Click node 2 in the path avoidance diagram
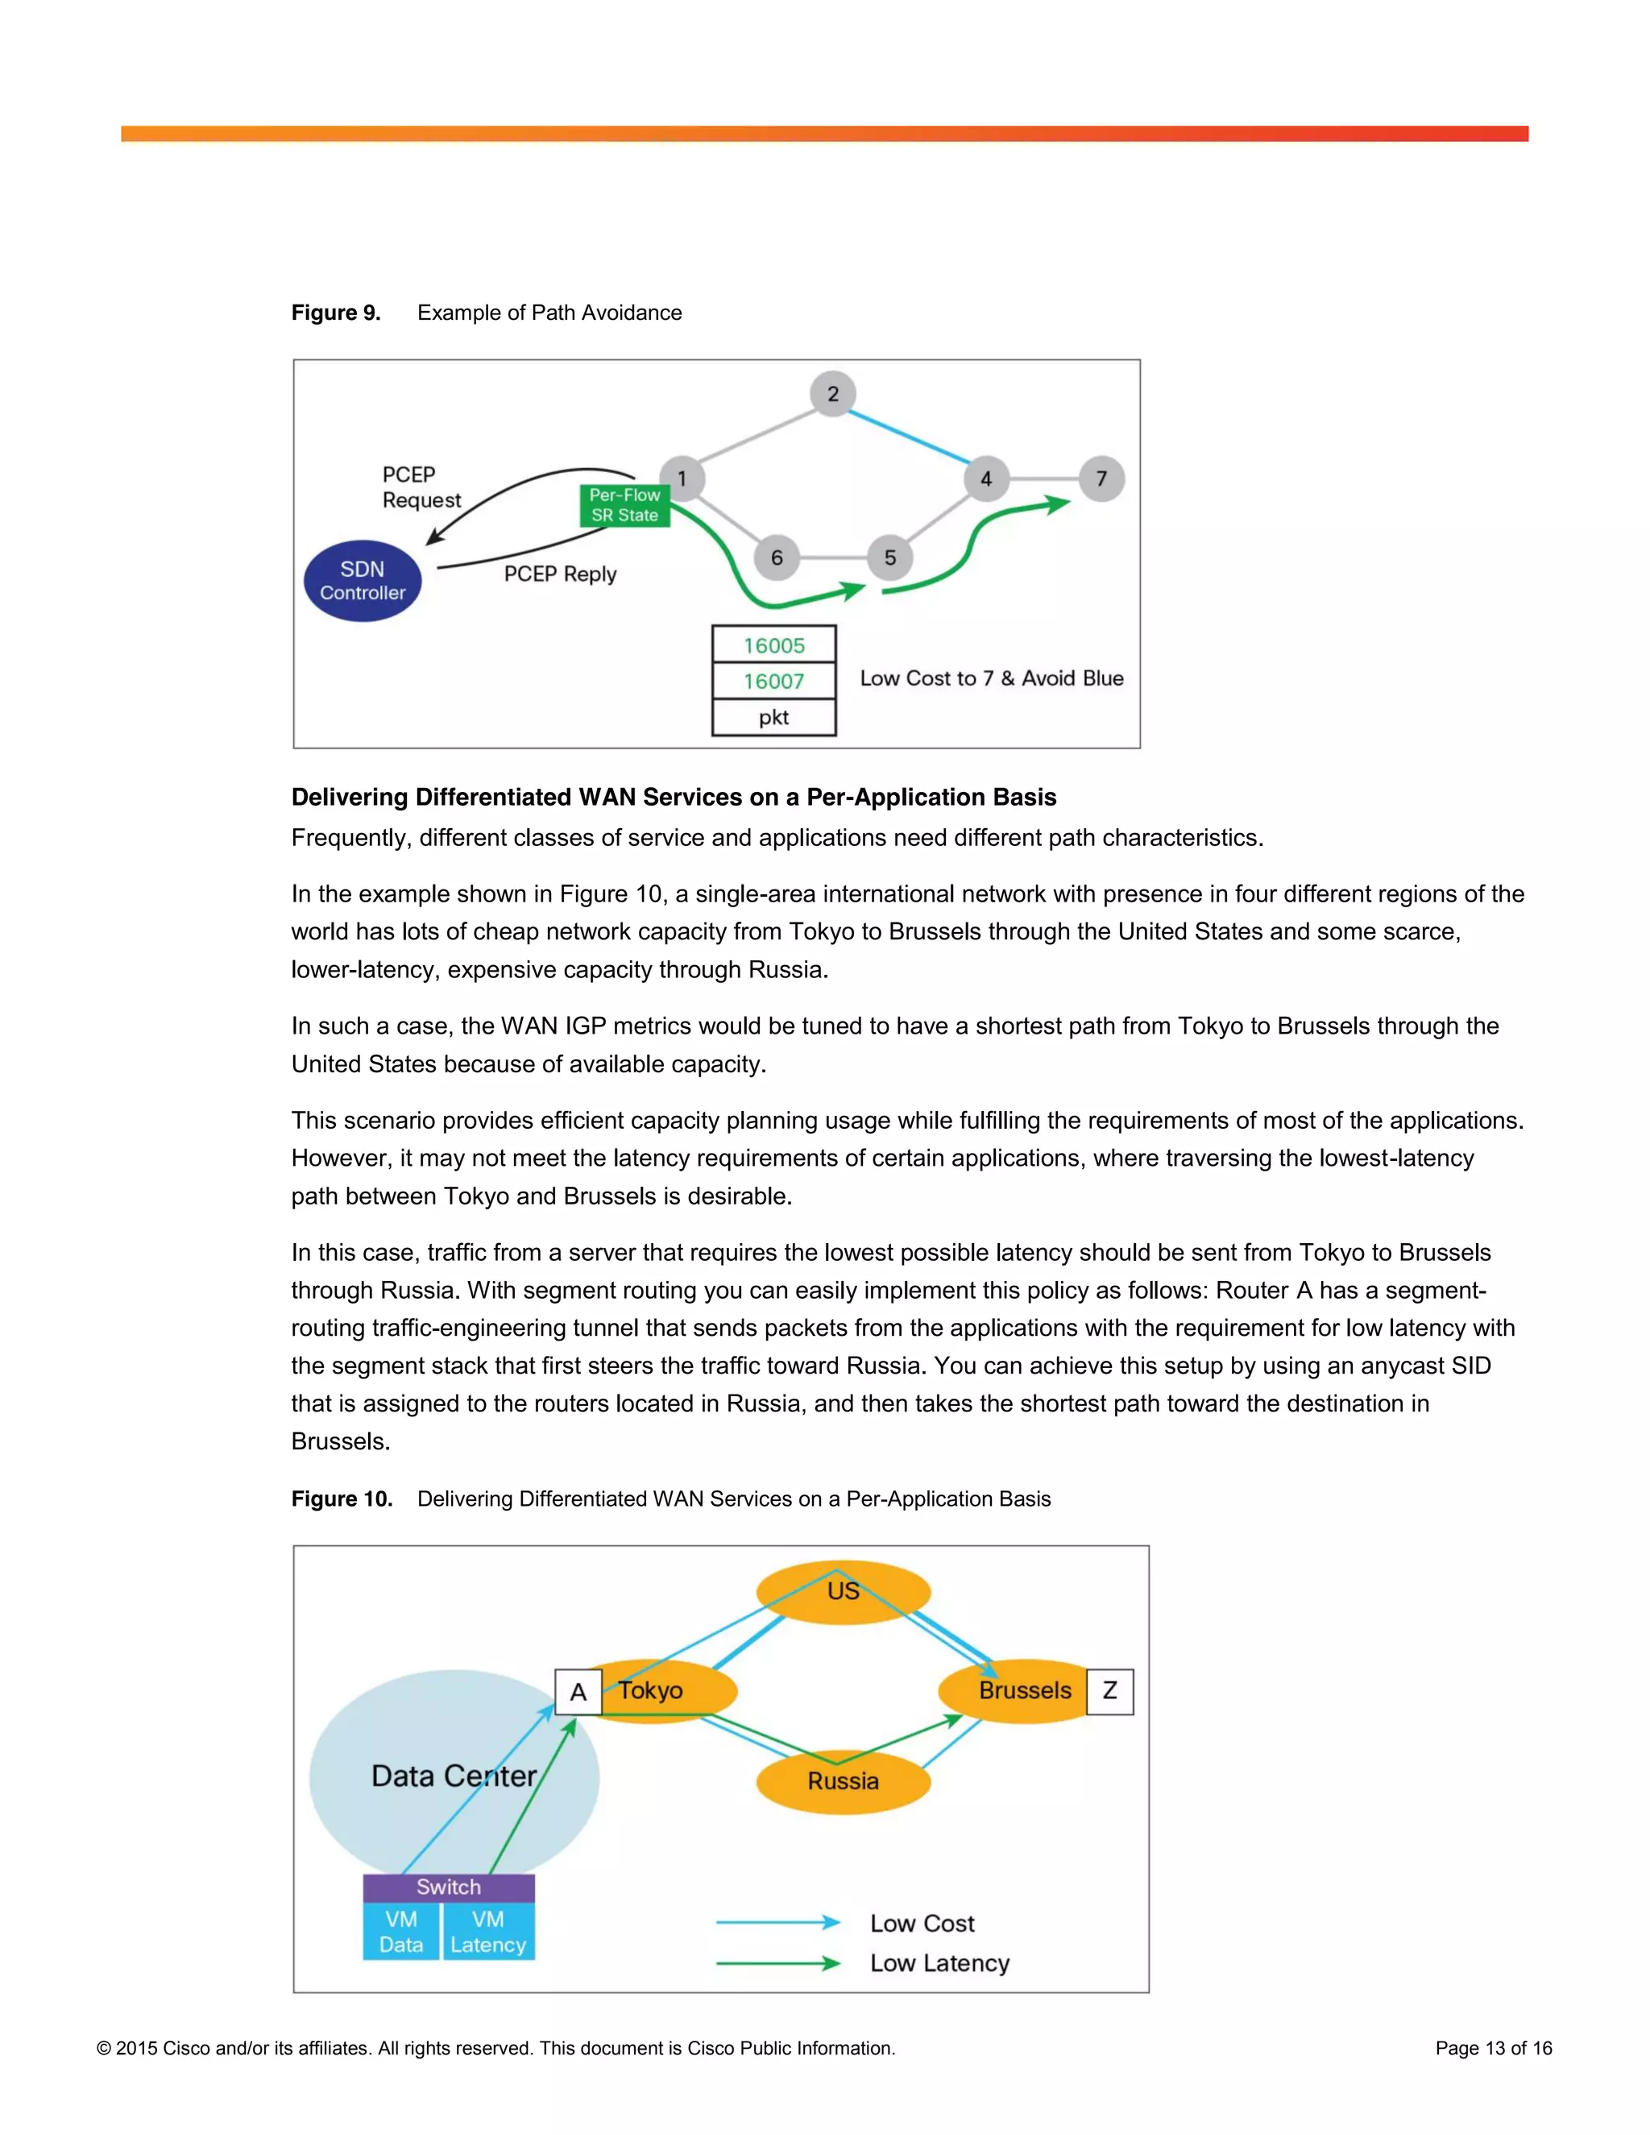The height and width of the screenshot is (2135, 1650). pyautogui.click(x=833, y=394)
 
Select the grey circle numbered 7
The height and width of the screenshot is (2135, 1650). pyautogui.click(x=1101, y=479)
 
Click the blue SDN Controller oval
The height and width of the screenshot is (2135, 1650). pyautogui.click(x=363, y=581)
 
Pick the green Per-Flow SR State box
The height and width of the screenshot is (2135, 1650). pyautogui.click(x=624, y=505)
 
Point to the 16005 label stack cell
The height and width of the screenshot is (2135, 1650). pyautogui.click(x=774, y=645)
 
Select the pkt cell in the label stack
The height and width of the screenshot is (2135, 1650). pyautogui.click(x=774, y=718)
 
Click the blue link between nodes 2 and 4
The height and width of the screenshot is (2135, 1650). pyautogui.click(x=909, y=436)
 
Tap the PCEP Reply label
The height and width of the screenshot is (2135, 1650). pyautogui.click(x=560, y=574)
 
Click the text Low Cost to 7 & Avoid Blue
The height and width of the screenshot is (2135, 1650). pyautogui.click(x=991, y=678)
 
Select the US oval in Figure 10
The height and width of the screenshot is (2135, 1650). pyautogui.click(x=844, y=1591)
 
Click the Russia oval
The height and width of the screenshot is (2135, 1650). pyautogui.click(x=844, y=1781)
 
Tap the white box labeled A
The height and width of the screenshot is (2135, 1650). pyautogui.click(x=578, y=1692)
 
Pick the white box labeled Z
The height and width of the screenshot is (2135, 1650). pyautogui.click(x=1109, y=1691)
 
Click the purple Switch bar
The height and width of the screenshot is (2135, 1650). pyautogui.click(x=449, y=1888)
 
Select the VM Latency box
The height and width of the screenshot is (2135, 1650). pyautogui.click(x=487, y=1932)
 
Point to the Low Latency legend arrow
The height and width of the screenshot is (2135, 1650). pyautogui.click(x=777, y=1963)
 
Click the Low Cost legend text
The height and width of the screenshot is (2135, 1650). pyautogui.click(x=922, y=1924)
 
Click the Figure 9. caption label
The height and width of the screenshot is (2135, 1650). pyautogui.click(x=335, y=313)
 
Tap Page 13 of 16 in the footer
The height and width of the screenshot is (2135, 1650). pyautogui.click(x=1493, y=2048)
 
